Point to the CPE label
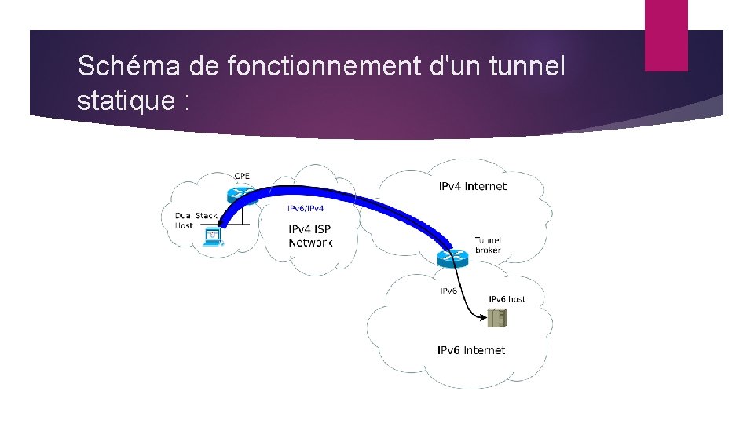pos(243,176)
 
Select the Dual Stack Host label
pos(196,220)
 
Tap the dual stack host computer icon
pos(212,236)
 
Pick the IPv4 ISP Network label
pos(310,236)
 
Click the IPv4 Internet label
pos(472,187)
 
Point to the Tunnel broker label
pos(488,245)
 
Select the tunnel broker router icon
pos(453,257)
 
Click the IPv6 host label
pos(507,299)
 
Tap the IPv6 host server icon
pos(497,318)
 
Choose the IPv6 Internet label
pos(471,350)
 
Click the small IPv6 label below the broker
pos(448,291)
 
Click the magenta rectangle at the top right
pos(666,35)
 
